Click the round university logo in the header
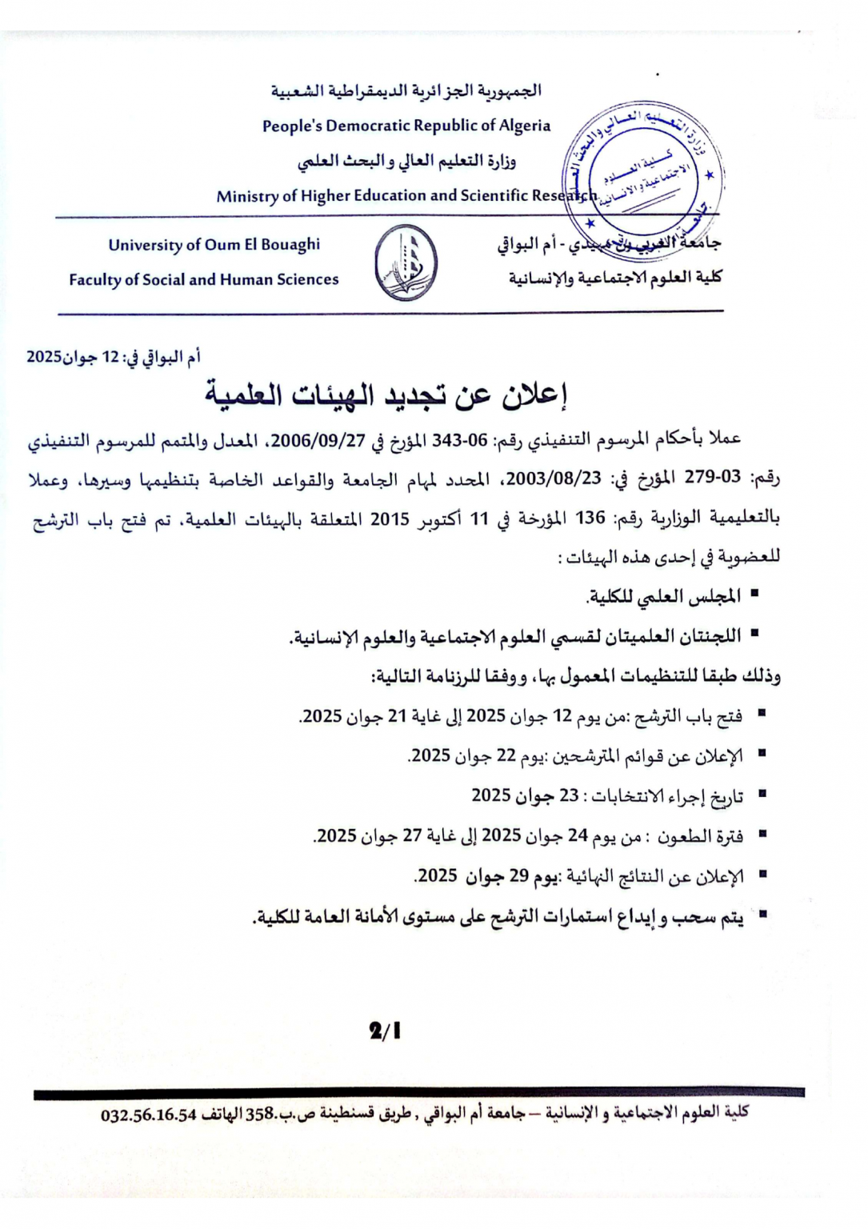click(x=406, y=262)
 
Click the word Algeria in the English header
click(x=525, y=126)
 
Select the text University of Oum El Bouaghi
click(x=214, y=245)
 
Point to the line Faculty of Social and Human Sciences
click(x=204, y=280)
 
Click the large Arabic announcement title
click(x=386, y=394)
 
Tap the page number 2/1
click(x=386, y=1031)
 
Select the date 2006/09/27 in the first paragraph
click(x=318, y=440)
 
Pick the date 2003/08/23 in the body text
click(x=554, y=478)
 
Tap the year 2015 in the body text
click(x=390, y=518)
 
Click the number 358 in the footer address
click(x=260, y=1114)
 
